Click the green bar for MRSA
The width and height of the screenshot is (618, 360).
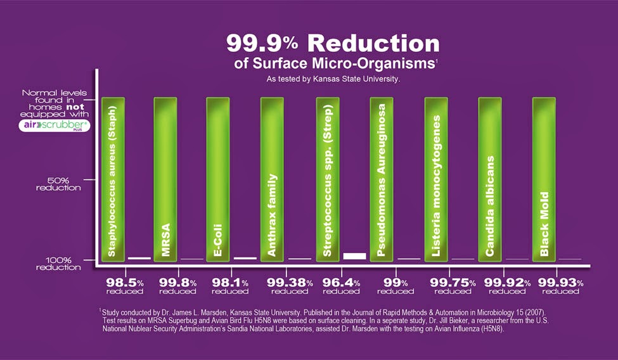[x=166, y=179]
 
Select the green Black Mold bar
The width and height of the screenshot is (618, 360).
[x=544, y=179]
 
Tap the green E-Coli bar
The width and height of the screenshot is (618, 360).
[x=219, y=179]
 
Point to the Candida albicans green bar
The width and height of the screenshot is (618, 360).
[x=490, y=179]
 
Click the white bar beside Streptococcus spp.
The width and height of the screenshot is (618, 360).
[x=354, y=255]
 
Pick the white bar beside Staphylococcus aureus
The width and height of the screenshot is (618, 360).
[x=139, y=258]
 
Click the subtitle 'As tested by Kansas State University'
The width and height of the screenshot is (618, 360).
[x=333, y=80]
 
